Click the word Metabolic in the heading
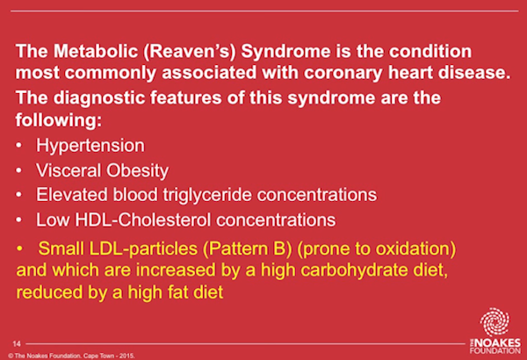click(x=96, y=51)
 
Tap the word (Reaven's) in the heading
click(x=190, y=52)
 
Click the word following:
click(x=59, y=119)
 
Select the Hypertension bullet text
click(x=90, y=146)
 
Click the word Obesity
click(x=138, y=170)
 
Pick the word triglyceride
click(x=207, y=195)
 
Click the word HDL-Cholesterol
click(x=143, y=220)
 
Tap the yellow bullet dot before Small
click(x=19, y=248)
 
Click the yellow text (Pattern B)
click(x=247, y=249)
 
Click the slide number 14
click(x=17, y=343)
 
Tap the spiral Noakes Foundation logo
click(x=495, y=322)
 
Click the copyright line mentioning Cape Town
click(x=72, y=356)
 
